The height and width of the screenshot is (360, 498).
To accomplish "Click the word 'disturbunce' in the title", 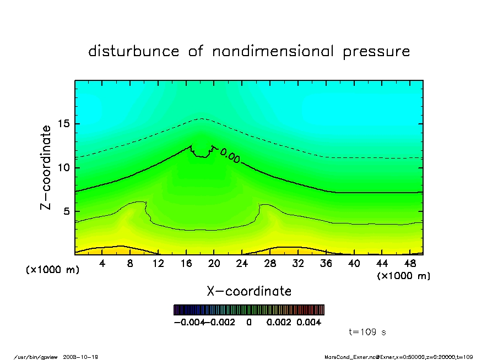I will pos(134,52).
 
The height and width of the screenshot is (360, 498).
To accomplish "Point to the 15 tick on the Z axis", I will pos(63,124).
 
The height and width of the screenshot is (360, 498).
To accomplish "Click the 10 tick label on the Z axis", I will pos(63,167).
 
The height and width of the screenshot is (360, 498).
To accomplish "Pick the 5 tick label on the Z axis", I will pos(67,211).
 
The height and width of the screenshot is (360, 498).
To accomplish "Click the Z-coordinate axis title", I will pos(46,167).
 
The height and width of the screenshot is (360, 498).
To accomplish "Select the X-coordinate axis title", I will pos(249,291).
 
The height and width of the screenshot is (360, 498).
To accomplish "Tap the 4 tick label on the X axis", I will pos(102,264).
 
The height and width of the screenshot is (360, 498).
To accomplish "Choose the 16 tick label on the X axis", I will pos(186,264).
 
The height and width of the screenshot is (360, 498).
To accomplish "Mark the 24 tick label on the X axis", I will pos(242,264).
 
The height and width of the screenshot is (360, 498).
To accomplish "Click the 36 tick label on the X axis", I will pos(326,264).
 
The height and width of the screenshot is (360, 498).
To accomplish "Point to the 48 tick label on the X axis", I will pos(409,264).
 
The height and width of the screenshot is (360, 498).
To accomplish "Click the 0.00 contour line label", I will pos(230,157).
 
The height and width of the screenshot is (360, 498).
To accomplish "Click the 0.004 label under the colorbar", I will pos(309,322).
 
